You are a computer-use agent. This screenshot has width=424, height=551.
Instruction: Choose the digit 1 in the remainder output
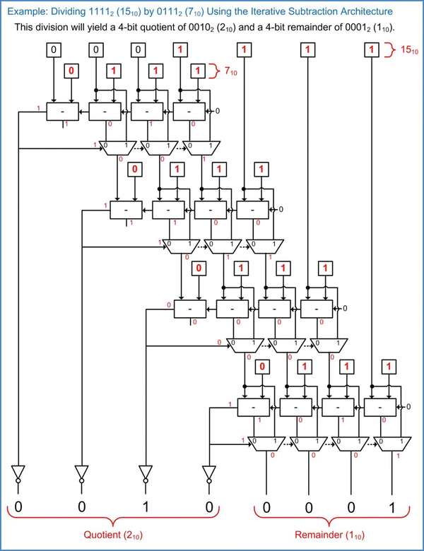391,506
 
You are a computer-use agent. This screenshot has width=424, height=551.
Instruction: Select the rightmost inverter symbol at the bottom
208,473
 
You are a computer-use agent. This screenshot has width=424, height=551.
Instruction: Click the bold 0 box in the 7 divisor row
71,71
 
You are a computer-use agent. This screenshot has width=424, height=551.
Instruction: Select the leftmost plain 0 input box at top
54,50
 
